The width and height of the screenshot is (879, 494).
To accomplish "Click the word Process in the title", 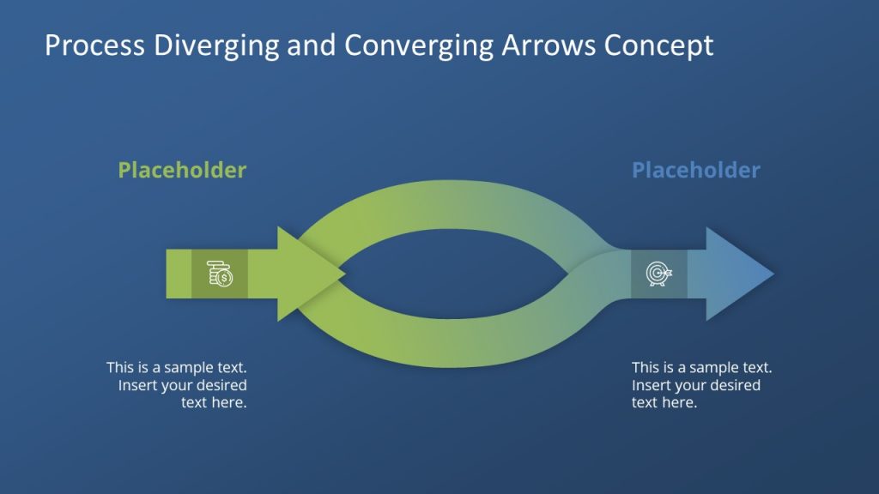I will (85, 45).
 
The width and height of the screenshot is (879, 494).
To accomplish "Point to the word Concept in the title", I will (658, 45).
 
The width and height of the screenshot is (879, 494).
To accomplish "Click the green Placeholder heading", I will (182, 170).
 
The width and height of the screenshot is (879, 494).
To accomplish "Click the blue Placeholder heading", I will (695, 170).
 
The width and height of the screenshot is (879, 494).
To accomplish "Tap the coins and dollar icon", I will (220, 274).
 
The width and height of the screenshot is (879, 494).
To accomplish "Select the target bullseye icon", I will (658, 274).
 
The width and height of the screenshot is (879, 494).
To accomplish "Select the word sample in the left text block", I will (181, 367).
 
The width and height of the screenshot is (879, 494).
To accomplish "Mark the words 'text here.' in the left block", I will (214, 402).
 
